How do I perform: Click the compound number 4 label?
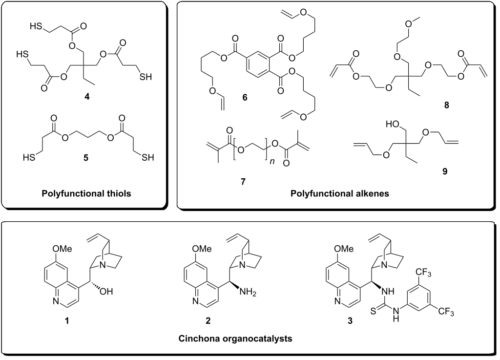click(87, 97)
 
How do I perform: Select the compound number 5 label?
click(86, 158)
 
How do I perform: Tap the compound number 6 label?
click(245, 98)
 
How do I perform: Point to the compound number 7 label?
click(243, 182)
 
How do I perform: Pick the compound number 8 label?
click(446, 105)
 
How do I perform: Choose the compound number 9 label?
click(444, 171)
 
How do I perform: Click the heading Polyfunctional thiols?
click(86, 193)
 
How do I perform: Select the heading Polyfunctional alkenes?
click(340, 193)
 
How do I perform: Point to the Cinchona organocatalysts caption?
click(235, 339)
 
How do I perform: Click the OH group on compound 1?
click(106, 291)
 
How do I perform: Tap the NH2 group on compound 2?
click(248, 292)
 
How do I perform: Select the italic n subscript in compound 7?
click(271, 161)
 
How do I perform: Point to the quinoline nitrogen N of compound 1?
click(56, 300)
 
